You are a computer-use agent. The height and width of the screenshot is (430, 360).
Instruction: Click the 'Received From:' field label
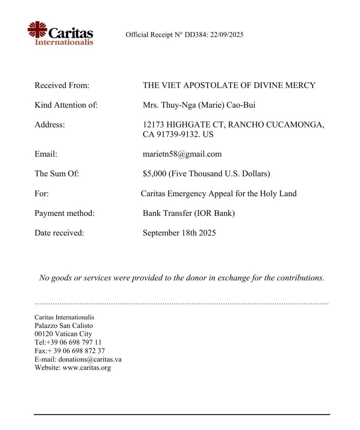coord(62,85)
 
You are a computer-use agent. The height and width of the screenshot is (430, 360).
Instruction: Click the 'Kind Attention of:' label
coord(66,105)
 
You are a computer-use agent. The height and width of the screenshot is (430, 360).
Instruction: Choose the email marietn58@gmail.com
coord(182,154)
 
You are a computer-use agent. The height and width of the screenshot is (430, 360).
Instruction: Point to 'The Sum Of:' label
coord(57,174)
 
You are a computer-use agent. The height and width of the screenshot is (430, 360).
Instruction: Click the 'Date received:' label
coord(59,233)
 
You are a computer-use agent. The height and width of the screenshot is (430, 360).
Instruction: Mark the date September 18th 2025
coord(179,233)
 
